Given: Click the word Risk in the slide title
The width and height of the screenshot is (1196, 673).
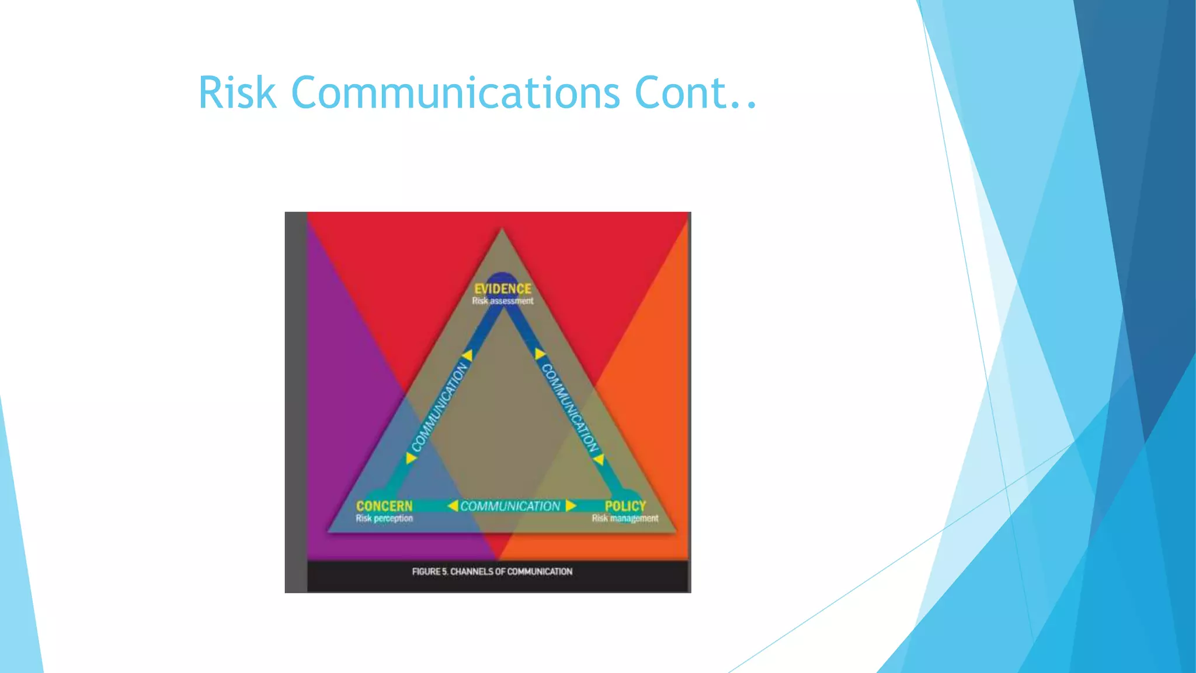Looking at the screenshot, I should click(237, 92).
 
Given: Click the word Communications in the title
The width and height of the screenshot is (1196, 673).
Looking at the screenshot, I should click(455, 92).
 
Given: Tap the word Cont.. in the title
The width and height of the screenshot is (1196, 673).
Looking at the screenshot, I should click(696, 92).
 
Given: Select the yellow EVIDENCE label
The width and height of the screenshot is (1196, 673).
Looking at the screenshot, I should click(502, 289).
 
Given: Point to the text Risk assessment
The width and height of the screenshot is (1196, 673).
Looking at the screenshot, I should click(502, 301).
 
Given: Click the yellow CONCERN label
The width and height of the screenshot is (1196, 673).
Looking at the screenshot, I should click(384, 506).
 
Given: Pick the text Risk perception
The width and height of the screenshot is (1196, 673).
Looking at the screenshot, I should click(384, 518).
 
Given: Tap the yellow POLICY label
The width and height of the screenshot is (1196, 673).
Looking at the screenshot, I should click(625, 506).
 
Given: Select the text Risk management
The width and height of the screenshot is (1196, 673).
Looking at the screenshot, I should click(625, 518).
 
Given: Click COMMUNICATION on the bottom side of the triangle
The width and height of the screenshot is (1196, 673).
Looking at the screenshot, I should click(510, 506).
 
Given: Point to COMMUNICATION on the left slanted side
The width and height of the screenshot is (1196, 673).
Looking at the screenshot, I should click(440, 407).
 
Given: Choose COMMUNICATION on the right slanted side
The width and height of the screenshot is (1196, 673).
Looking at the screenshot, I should click(570, 408).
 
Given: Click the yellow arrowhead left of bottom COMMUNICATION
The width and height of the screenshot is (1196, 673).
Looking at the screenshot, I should click(453, 505).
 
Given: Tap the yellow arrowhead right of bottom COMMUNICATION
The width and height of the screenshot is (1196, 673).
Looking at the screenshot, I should click(571, 505).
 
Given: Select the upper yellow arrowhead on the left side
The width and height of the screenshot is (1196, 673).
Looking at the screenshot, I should click(467, 355).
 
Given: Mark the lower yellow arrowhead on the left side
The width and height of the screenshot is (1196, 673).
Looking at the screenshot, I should click(411, 458).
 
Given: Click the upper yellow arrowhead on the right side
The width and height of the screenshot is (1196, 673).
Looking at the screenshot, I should click(540, 354).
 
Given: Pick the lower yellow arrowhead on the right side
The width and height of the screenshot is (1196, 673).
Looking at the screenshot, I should click(599, 459).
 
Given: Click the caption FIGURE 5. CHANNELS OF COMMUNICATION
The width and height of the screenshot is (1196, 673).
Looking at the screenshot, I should click(492, 571).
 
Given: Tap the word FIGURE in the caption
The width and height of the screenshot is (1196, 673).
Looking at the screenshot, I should click(426, 571).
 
